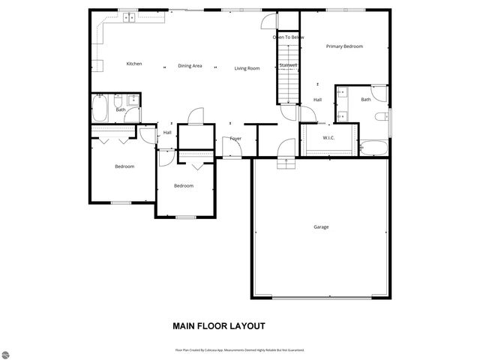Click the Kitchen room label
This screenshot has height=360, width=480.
[x=134, y=64]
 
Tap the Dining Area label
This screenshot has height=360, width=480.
[x=190, y=66]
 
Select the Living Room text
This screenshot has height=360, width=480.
[x=247, y=68]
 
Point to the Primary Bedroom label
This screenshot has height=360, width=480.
[x=344, y=46]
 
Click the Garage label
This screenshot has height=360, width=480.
[x=321, y=226]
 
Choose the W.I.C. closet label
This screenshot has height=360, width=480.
[x=328, y=137]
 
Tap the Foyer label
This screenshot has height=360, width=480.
[x=235, y=139]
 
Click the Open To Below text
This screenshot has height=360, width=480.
[x=288, y=36]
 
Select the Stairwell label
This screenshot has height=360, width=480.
[x=289, y=65]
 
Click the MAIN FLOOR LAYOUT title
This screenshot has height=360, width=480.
[x=219, y=326]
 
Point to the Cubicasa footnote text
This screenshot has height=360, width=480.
[x=239, y=349]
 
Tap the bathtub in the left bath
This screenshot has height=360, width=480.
[x=100, y=109]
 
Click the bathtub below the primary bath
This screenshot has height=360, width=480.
[x=373, y=147]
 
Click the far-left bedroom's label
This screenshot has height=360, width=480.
[x=124, y=166]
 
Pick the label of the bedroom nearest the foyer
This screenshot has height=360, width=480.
[x=184, y=186]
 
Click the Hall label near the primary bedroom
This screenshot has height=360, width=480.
[x=317, y=100]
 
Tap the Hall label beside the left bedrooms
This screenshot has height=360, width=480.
[x=167, y=133]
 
